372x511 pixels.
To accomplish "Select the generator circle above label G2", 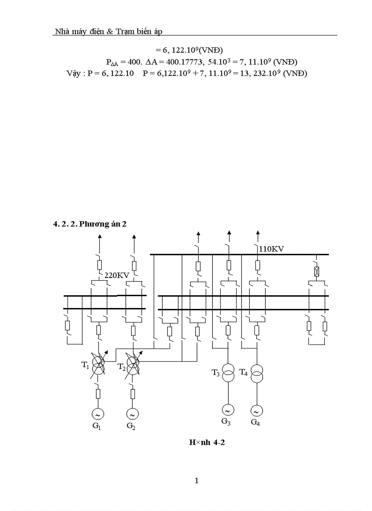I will click(132, 414).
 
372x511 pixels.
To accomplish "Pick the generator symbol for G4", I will click(257, 411).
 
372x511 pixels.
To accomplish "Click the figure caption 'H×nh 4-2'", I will click(207, 442).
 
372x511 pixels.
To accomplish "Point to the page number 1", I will click(196, 481).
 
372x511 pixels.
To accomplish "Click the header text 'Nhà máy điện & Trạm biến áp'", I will click(108, 31).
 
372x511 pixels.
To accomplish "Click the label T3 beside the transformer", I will click(216, 373).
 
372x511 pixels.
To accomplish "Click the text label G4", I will click(255, 422).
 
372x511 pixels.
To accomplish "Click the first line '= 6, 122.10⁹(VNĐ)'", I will click(189, 50).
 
